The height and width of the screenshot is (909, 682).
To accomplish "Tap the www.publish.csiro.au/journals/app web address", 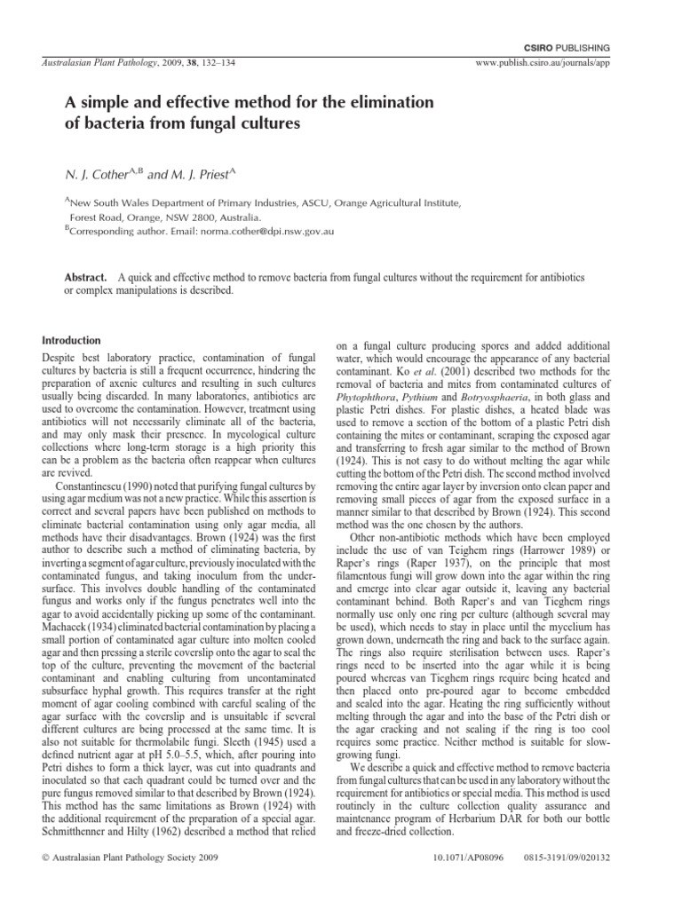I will (x=560, y=64).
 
